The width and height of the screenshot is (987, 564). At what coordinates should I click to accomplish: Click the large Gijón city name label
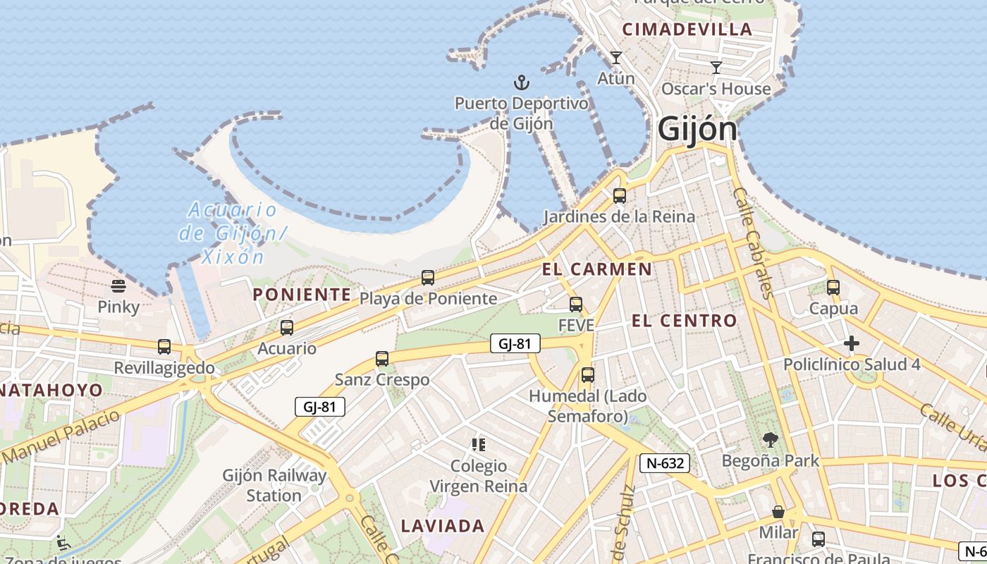(697, 129)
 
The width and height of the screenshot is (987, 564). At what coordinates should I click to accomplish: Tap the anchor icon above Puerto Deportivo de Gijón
(521, 82)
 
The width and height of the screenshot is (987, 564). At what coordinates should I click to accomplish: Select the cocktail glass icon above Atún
(616, 58)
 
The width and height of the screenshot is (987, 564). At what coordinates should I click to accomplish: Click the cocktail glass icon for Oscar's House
(716, 68)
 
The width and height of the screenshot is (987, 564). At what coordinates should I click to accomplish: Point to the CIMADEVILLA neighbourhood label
(687, 30)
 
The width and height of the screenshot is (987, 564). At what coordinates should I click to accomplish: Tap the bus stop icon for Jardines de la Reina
(620, 195)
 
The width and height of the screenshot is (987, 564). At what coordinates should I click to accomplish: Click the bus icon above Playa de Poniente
(428, 277)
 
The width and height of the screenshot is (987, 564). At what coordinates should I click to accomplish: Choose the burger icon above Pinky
(118, 286)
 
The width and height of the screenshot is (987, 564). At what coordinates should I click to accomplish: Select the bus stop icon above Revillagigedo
(164, 346)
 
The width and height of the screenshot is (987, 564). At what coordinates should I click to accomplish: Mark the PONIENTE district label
(302, 295)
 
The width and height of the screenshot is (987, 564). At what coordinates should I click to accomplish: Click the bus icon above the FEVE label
(576, 304)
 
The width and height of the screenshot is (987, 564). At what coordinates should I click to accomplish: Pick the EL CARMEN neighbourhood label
(597, 269)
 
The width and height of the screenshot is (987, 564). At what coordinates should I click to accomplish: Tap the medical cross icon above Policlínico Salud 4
(852, 343)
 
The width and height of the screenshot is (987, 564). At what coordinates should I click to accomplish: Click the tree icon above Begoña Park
(771, 440)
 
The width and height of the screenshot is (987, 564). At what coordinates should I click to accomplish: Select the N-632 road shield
(664, 463)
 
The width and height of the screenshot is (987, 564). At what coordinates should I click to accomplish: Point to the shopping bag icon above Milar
(778, 511)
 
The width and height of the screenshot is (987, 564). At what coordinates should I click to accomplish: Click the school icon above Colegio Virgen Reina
(479, 445)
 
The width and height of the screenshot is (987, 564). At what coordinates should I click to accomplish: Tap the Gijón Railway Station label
(275, 485)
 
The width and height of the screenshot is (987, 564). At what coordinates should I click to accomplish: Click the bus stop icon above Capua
(833, 287)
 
